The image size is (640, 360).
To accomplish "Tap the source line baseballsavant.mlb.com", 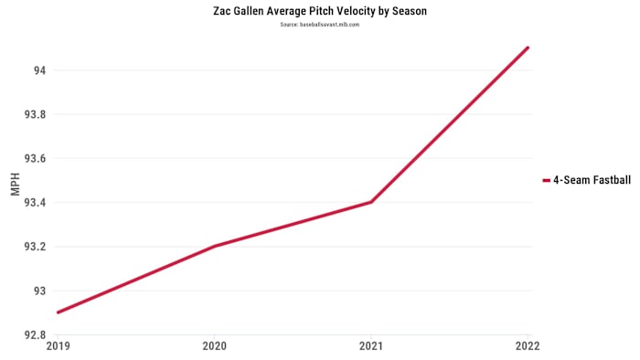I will pos(319,25).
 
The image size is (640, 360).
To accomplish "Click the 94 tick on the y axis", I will pos(40,70).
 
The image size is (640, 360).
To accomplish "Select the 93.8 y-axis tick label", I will pos(36,114).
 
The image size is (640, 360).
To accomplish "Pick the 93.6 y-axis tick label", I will pos(36,158).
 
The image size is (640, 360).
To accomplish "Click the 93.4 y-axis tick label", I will pos(36,203).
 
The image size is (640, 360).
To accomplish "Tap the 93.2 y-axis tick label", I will pos(36,247).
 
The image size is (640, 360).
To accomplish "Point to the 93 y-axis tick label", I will pos(41,291).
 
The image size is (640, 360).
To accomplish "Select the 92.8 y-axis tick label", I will pos(36,334).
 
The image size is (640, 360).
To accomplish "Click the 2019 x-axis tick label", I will pos(57,346).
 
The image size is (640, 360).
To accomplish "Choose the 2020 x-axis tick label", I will pos(214,346).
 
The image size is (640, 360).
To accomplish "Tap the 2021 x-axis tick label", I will pos(371,346).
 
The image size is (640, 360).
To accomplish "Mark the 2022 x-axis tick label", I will pos(528,346).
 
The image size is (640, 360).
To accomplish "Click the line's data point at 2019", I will pos(57,312).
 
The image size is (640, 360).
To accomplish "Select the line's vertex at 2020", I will pos(214,246).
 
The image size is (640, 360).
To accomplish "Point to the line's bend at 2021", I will pos(371,202).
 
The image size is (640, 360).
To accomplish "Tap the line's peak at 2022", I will pos(528,48).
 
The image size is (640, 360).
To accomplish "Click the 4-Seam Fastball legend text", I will pos(592,180).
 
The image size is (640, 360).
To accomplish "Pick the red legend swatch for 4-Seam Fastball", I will pos(546,180).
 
